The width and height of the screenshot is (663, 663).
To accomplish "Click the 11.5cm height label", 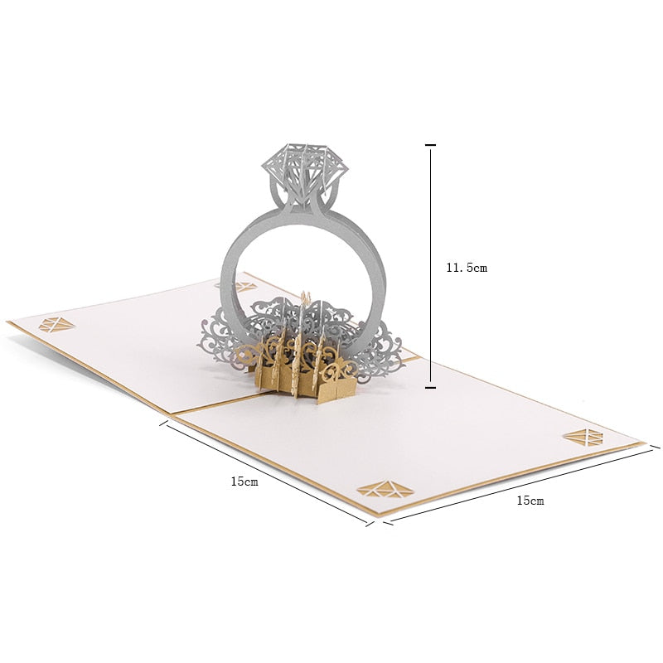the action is tap(467, 268).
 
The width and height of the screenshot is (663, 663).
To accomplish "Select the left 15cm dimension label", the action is tap(244, 482).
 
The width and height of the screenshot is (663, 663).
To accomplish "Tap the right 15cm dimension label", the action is tap(530, 501).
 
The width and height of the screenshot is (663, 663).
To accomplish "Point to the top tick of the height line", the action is tap(430, 145).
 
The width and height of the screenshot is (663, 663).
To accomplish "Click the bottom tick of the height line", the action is tap(430, 387).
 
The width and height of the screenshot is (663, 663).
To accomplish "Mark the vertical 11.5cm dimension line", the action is tap(430, 266).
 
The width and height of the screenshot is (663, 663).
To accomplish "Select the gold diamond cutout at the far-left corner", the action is tap(56, 324).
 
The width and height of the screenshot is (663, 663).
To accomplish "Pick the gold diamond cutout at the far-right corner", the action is tap(583, 437).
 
